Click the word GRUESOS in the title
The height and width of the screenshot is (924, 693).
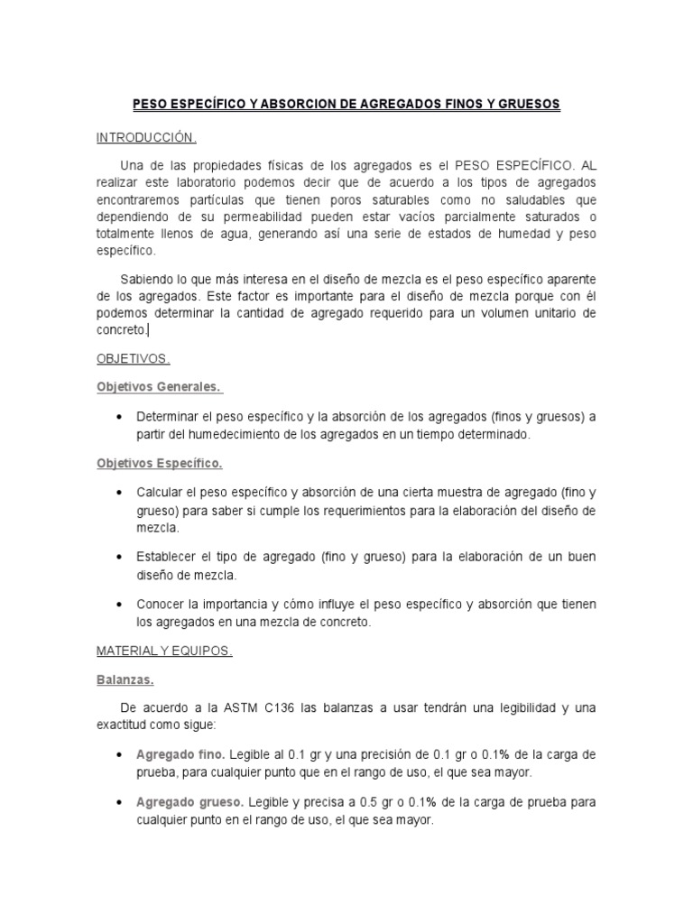coord(527,105)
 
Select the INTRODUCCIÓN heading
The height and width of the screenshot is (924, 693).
coord(146,137)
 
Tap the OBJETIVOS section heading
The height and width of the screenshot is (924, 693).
coord(133,358)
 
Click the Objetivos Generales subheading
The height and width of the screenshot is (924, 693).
coord(158,387)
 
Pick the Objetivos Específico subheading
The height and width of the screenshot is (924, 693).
coord(159,464)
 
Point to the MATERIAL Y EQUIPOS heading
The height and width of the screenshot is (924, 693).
coord(164,651)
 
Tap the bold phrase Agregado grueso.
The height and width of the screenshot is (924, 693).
coord(189,802)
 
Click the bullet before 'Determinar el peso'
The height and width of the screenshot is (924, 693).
coord(120,417)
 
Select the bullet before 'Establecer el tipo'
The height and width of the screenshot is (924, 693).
coord(120,556)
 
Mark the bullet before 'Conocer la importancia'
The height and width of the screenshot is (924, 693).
coord(120,604)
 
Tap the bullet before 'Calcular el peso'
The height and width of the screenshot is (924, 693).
coord(120,494)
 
